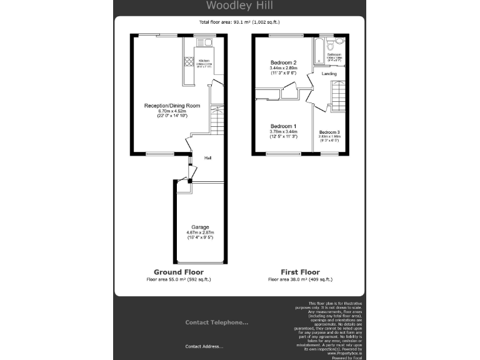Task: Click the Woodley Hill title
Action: point(239,6)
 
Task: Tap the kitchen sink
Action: point(204,42)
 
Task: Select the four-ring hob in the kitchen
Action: point(188,61)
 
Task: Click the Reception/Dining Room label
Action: point(172,106)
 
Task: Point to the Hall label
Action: point(207,157)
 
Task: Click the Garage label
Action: point(200,227)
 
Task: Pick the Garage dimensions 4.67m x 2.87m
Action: point(200,232)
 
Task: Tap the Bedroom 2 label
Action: point(282,62)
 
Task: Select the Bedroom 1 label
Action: point(282,126)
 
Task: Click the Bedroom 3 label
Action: point(329,132)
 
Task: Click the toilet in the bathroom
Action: point(339,42)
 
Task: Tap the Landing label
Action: point(329,74)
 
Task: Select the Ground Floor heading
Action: point(178,272)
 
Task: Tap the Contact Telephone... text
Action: point(216,322)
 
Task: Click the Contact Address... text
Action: point(204,346)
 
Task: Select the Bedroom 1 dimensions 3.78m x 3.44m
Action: point(282,132)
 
